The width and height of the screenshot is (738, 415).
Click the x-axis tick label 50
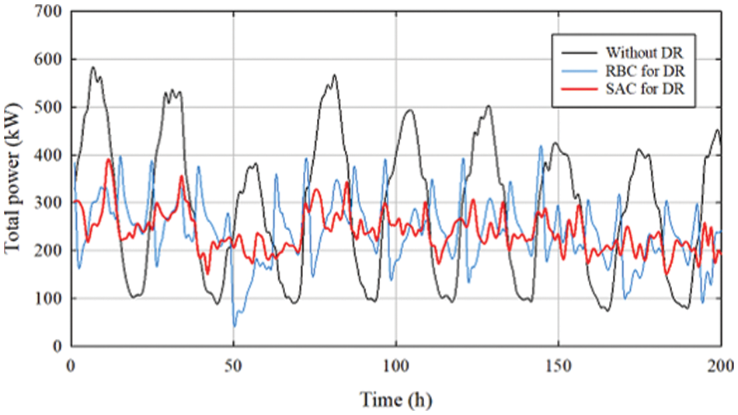coord(234,364)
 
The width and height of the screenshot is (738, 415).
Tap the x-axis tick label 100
coord(396,364)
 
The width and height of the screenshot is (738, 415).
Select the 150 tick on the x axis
coord(559,364)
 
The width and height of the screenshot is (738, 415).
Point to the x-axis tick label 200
coord(720,364)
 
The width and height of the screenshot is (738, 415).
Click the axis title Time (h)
coord(396,399)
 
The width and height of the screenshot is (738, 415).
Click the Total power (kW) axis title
coord(13,179)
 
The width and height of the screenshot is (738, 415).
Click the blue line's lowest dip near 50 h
coord(235,326)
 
